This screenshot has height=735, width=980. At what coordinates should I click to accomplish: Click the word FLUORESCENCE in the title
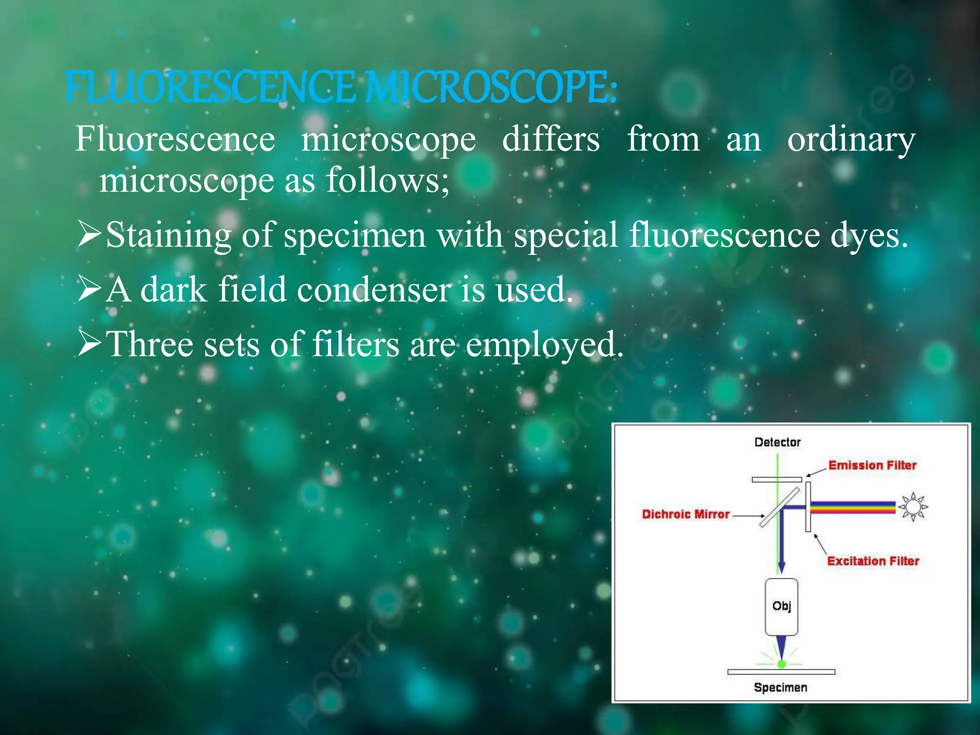pyautogui.click(x=211, y=88)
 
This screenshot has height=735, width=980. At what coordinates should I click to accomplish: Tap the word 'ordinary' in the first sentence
pyautogui.click(x=851, y=140)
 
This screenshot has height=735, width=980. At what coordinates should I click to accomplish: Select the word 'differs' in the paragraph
pyautogui.click(x=550, y=140)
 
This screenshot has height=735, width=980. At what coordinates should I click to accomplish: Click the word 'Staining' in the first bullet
pyautogui.click(x=167, y=235)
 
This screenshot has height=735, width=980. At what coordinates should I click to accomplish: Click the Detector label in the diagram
pyautogui.click(x=777, y=442)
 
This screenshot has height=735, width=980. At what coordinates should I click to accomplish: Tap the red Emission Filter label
pyautogui.click(x=872, y=465)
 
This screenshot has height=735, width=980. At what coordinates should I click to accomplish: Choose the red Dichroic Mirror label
pyautogui.click(x=685, y=514)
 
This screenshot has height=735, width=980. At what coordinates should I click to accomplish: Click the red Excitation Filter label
pyautogui.click(x=873, y=561)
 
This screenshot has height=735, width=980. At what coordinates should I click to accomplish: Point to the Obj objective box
pyautogui.click(x=781, y=606)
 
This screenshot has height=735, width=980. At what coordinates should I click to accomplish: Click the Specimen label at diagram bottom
pyautogui.click(x=780, y=688)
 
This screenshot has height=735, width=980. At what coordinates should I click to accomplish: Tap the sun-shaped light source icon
pyautogui.click(x=913, y=507)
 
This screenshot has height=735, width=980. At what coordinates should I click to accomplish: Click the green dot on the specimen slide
pyautogui.click(x=781, y=664)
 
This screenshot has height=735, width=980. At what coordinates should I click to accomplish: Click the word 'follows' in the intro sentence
pyautogui.click(x=381, y=180)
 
